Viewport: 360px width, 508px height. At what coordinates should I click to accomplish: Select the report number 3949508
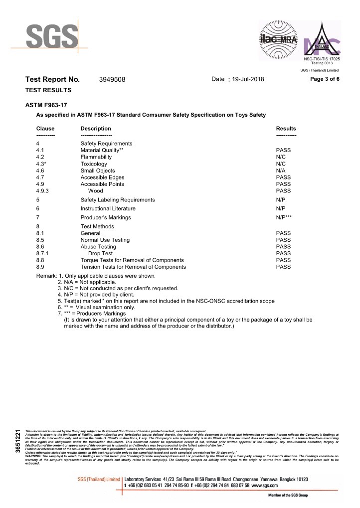pos(112,80)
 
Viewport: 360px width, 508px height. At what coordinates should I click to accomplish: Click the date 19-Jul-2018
pos(248,80)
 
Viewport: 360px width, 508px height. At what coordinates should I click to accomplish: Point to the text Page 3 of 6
pos(325,79)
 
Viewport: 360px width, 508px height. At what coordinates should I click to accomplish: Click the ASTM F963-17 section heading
pos(46,106)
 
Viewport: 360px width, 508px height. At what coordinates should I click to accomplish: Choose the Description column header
pos(96,129)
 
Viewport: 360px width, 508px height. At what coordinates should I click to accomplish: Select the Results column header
pos(286,129)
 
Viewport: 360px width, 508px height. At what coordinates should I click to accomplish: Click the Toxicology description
pos(94,164)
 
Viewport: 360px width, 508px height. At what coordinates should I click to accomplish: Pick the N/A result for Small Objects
pos(281,170)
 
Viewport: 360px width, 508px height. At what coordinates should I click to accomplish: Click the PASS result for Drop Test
pos(283,253)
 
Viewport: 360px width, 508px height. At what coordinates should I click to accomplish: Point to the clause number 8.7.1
pos(43,253)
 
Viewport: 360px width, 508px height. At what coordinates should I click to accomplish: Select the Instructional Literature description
pos(108,208)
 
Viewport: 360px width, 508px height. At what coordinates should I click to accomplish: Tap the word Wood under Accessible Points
pos(95,191)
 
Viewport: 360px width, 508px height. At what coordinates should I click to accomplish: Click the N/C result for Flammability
pos(281,157)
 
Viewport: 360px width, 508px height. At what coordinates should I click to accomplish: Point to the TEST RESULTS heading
pos(48,90)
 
